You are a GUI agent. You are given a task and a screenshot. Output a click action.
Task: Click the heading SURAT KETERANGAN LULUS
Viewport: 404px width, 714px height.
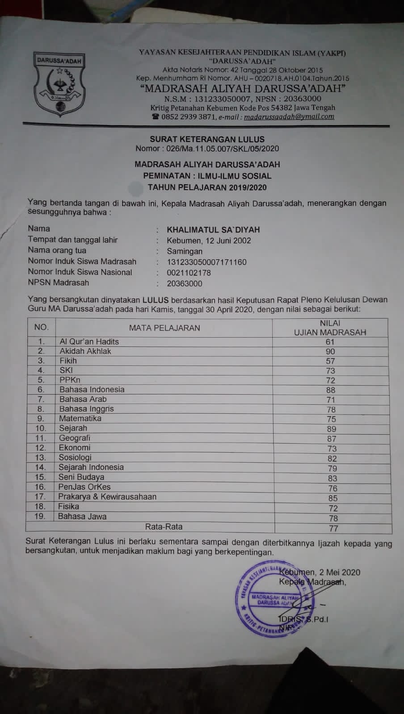[x=207, y=139]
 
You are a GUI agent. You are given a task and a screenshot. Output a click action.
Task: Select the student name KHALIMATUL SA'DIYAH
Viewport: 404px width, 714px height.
[x=213, y=230]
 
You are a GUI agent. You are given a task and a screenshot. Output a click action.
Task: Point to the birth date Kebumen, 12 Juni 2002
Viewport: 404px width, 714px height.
[x=209, y=241]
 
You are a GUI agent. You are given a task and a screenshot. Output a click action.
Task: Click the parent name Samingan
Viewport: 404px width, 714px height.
[x=185, y=251]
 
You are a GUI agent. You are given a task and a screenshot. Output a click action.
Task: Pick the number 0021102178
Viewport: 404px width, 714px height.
[x=189, y=273]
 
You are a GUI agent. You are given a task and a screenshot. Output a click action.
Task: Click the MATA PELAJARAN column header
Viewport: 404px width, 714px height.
[x=164, y=328]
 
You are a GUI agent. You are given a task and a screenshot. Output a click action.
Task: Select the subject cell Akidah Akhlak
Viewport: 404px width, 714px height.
[x=85, y=351]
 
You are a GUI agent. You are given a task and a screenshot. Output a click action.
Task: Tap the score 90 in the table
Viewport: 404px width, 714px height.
[x=330, y=352]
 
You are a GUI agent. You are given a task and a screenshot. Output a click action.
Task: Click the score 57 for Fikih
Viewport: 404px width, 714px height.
[x=330, y=361]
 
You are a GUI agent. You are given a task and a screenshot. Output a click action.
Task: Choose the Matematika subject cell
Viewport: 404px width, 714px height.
[x=80, y=419]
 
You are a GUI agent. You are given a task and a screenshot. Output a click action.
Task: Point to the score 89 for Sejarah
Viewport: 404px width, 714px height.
[x=331, y=429]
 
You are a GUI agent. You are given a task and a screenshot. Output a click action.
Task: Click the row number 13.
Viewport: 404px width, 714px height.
[x=40, y=457]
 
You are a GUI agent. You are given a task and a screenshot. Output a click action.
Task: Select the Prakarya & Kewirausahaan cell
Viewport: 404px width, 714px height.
[x=107, y=497]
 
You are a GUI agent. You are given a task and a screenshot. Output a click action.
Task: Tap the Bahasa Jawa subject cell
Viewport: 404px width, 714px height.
[x=82, y=516]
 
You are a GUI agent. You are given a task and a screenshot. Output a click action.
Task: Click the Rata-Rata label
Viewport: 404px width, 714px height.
[x=164, y=527]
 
